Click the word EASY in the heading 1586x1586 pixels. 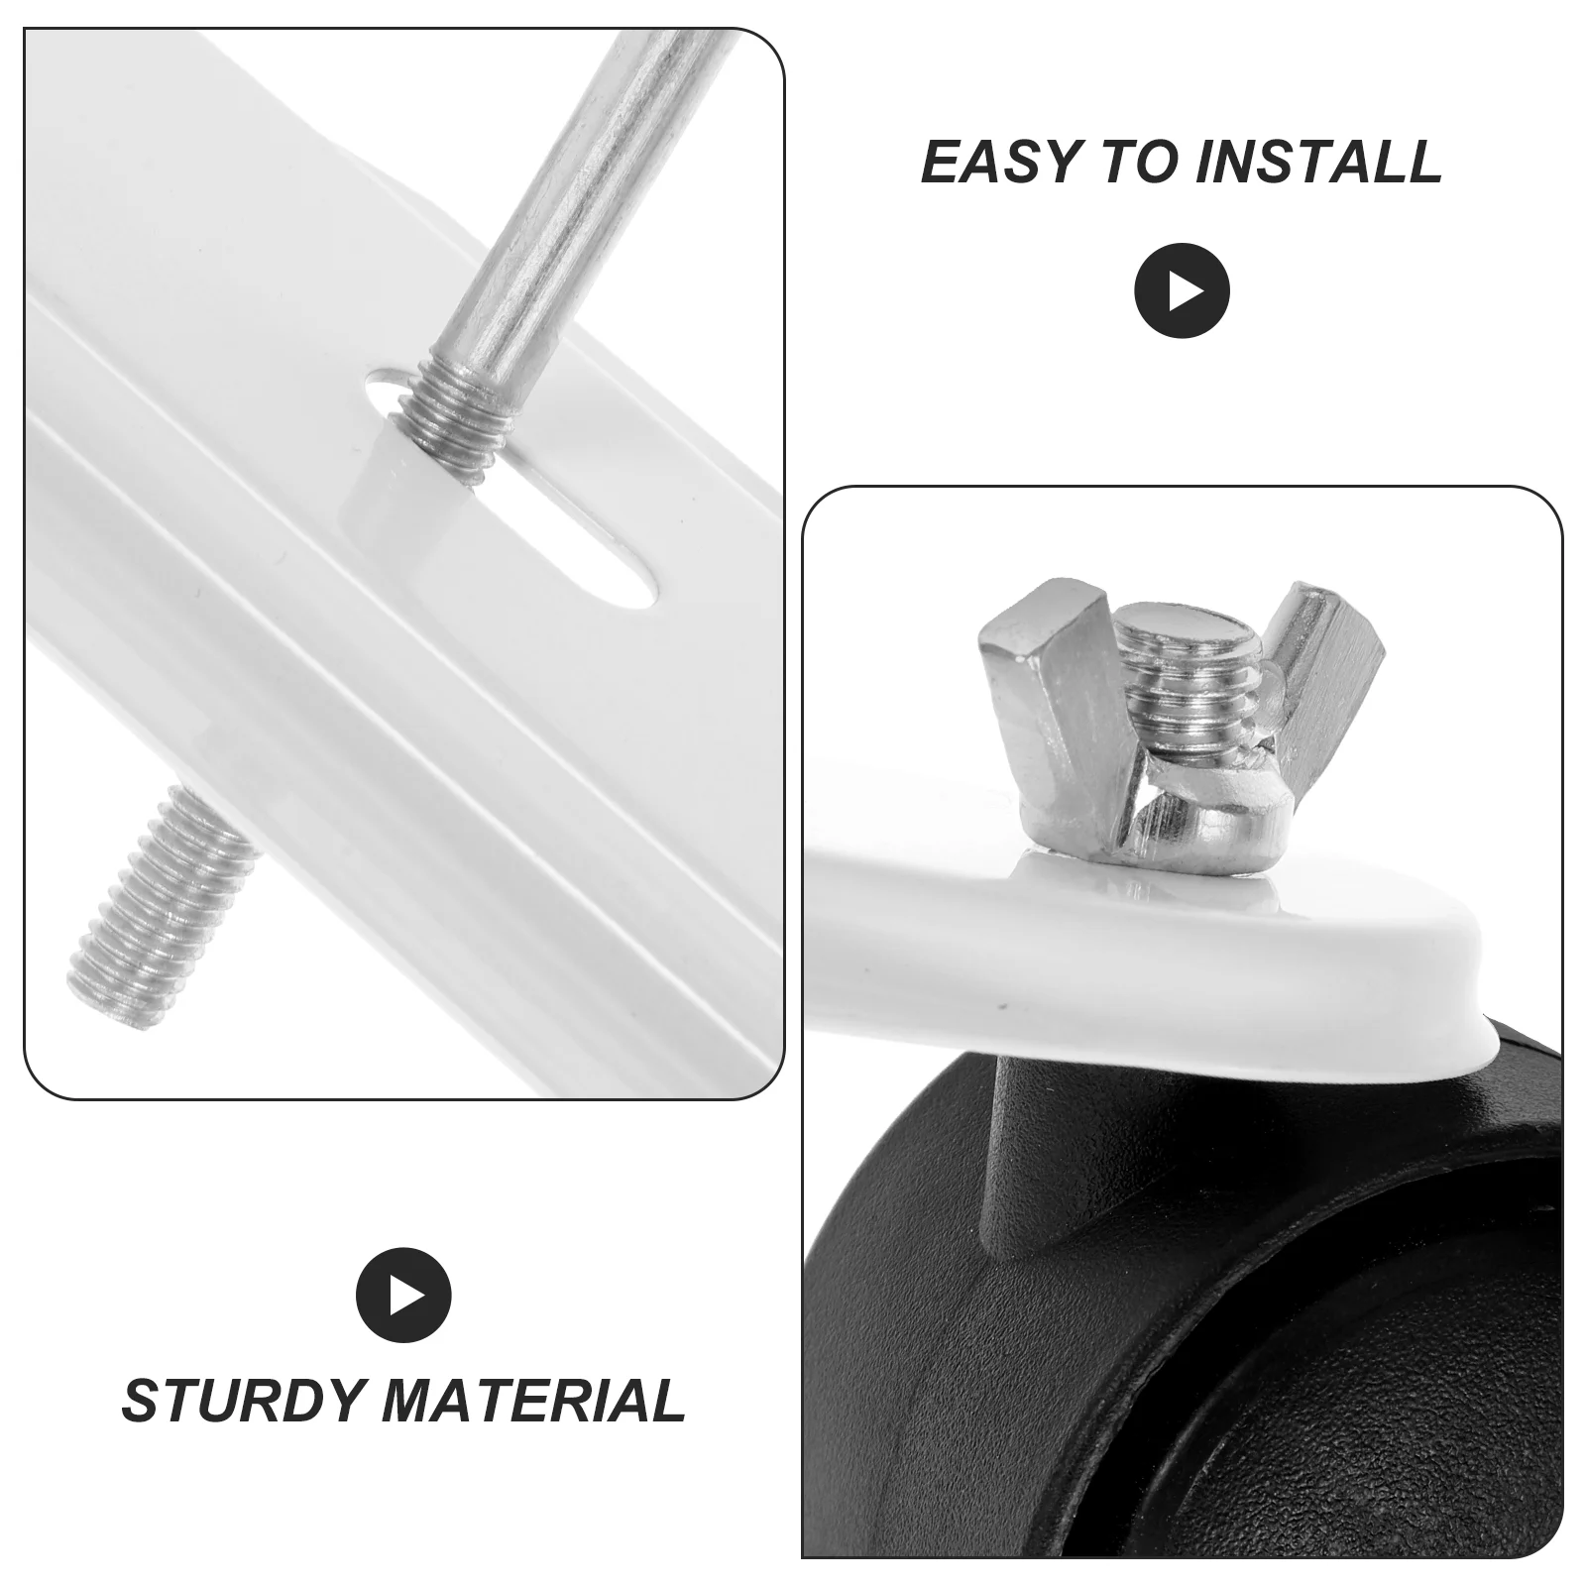tap(1001, 162)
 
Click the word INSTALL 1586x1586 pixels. tap(1318, 162)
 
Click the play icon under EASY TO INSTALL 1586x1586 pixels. tap(1182, 290)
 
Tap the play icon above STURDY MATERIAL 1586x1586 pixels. tap(403, 1296)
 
